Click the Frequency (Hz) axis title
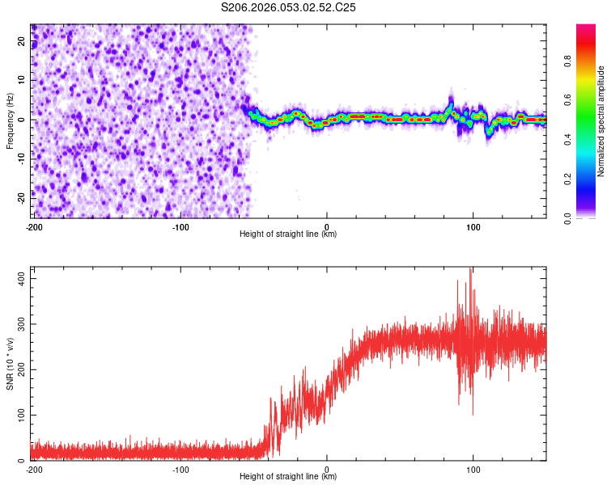(x=10, y=121)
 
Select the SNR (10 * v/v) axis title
(x=10, y=363)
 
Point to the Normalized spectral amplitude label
(x=601, y=121)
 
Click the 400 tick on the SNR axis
(x=20, y=277)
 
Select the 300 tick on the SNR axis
(x=20, y=323)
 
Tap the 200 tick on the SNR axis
(x=20, y=369)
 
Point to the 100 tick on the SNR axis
(x=20, y=415)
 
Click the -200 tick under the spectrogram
(x=34, y=226)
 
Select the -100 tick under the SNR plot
(x=180, y=469)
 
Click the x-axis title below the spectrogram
(x=288, y=234)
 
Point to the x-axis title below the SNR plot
(x=288, y=477)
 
